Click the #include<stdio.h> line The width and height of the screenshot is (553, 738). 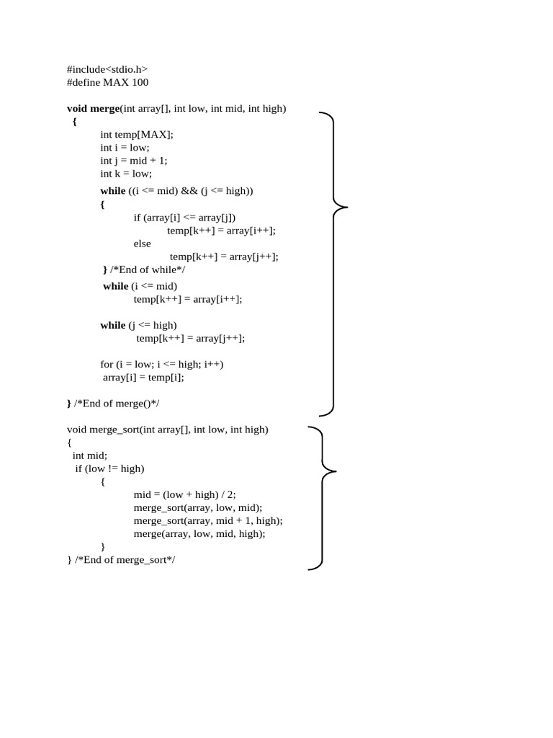coord(107,69)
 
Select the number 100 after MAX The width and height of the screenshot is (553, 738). coord(140,82)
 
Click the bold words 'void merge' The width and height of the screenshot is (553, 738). coord(93,108)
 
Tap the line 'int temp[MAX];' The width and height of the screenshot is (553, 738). coord(137,134)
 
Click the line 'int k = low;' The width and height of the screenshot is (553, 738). coord(126,173)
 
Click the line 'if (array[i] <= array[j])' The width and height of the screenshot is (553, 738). coord(184,217)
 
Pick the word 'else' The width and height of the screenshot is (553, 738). coord(143,244)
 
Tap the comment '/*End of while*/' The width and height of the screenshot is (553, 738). coord(148,270)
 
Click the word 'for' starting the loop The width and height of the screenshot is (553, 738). coord(107,364)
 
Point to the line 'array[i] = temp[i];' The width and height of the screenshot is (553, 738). coord(143,377)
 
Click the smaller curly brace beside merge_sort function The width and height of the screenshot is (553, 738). coord(322,498)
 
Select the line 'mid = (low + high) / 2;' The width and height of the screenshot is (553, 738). coord(185,494)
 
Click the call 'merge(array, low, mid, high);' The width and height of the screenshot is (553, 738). coord(199,533)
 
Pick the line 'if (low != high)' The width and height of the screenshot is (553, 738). coord(109,468)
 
